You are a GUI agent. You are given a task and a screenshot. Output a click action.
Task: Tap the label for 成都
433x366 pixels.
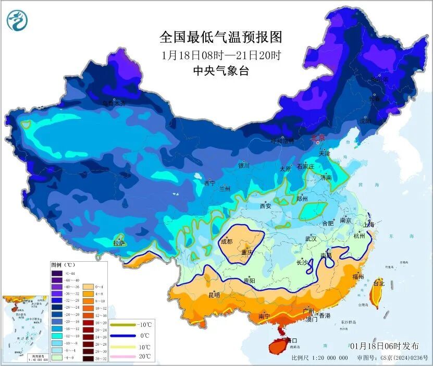pos(227,241)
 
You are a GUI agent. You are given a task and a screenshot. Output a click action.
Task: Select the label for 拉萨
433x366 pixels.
pos(119,243)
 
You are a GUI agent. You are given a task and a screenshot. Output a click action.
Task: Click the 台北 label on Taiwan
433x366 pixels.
pos(379,284)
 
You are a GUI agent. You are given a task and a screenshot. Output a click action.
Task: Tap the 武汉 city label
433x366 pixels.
pos(312,239)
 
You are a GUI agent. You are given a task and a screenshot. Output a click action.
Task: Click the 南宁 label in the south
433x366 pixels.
pos(264,316)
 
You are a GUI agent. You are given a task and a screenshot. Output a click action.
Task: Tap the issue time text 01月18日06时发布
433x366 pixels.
pos(384,346)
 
